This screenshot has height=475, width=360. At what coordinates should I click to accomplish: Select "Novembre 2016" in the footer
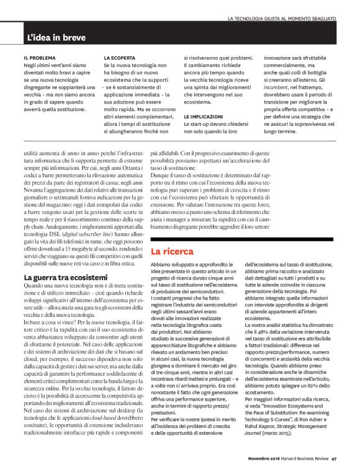258,458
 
